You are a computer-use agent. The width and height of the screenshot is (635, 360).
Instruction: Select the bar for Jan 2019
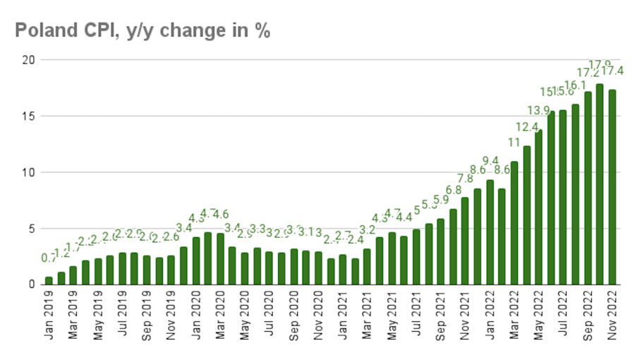click(49, 280)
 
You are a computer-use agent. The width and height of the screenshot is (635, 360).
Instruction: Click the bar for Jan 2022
click(490, 232)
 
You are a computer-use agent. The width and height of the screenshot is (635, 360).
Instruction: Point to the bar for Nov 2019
click(171, 270)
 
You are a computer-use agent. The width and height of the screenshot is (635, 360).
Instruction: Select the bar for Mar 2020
click(220, 258)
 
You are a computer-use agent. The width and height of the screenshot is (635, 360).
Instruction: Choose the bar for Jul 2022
click(563, 197)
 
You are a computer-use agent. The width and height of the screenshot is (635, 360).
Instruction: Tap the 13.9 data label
click(539, 110)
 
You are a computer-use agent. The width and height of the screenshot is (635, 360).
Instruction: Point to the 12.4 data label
click(526, 127)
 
